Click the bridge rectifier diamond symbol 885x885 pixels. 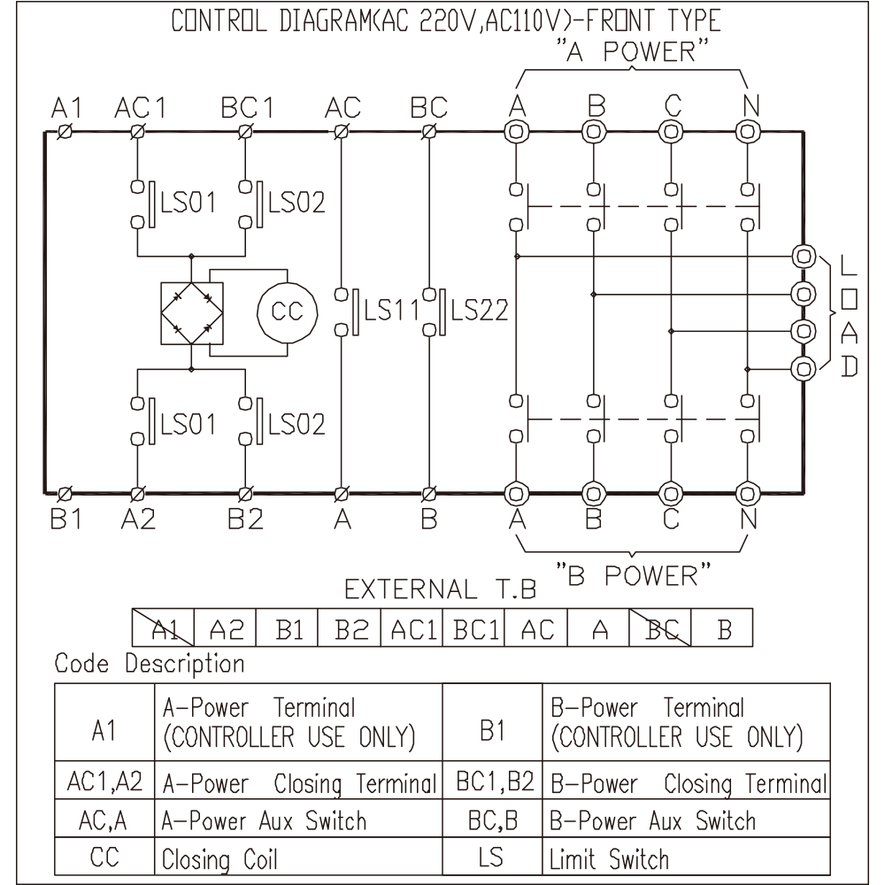coord(192,312)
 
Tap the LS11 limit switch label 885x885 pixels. coord(391,311)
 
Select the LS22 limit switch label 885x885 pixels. coord(480,311)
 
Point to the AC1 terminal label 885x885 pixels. coord(141,107)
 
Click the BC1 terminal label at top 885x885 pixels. coord(247,107)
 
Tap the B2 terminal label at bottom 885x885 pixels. coord(245,519)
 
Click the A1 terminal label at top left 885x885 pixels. coord(66,107)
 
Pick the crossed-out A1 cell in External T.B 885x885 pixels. coord(163,627)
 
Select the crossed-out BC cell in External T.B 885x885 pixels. coord(660,627)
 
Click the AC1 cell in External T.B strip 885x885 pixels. coord(412,627)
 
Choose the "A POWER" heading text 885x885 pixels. coord(632,50)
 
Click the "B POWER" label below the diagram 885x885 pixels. coord(634,575)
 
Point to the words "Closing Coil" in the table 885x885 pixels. coord(219,859)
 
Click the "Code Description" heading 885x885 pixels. coord(150,664)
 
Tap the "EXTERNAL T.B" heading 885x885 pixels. coord(440,589)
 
